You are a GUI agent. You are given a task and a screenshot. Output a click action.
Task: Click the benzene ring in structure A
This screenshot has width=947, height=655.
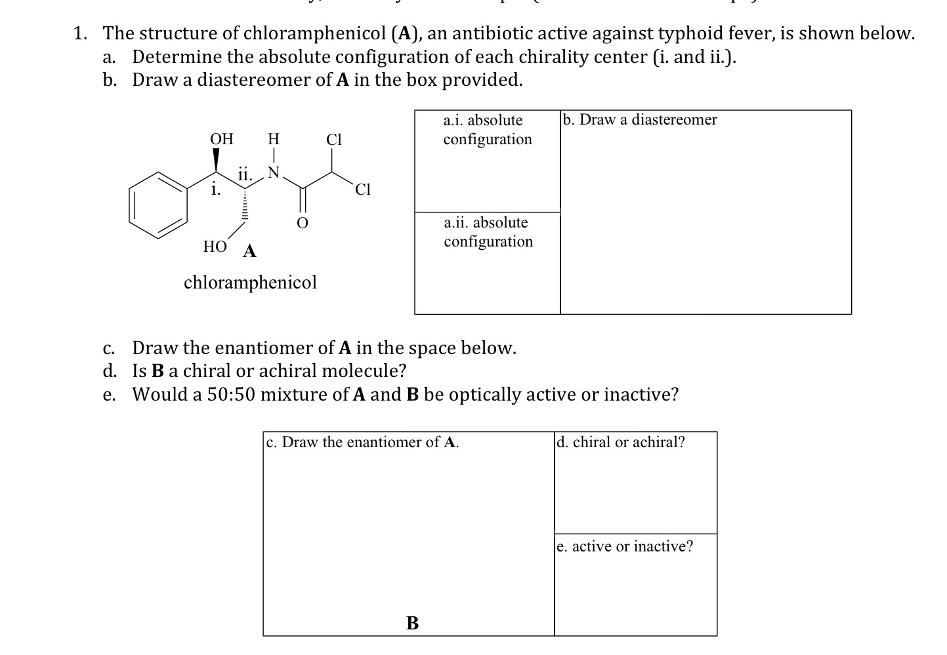[x=156, y=204]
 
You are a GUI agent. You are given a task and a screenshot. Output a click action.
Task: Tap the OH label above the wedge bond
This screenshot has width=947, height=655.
[x=221, y=139]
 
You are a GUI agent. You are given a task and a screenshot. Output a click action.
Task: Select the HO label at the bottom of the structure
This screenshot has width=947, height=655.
[x=215, y=247]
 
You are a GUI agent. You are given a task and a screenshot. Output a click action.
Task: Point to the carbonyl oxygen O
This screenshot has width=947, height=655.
[x=302, y=224]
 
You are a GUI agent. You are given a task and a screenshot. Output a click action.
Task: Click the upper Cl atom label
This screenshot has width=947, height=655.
[x=334, y=139]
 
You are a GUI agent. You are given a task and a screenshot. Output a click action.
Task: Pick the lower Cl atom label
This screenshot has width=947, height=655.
[x=362, y=190]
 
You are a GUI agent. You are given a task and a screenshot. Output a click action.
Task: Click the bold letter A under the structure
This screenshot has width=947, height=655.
[x=249, y=251]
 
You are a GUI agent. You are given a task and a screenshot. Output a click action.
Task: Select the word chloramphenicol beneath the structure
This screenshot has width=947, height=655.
[x=250, y=283]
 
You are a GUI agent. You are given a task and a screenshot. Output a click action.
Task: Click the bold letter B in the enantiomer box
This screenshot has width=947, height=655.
[x=412, y=623]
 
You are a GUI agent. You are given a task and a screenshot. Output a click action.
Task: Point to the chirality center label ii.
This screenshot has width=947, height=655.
[x=244, y=175]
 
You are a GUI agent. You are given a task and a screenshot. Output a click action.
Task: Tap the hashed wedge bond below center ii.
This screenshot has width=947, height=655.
[x=245, y=203]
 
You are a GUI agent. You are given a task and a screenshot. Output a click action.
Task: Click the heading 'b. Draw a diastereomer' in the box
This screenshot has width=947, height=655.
[x=641, y=120]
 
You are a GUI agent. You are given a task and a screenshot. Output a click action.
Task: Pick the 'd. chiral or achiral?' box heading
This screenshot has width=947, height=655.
[x=621, y=443]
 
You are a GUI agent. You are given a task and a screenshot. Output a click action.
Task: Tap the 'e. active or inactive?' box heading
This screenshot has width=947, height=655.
[x=625, y=547]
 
